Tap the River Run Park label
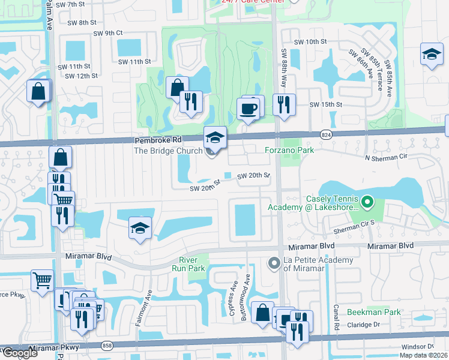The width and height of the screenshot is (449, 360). pyautogui.click(x=193, y=263)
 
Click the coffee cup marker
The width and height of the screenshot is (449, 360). pyautogui.click(x=249, y=109)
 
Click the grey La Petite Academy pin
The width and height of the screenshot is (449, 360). pyautogui.click(x=274, y=263)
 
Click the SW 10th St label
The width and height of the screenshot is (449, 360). pyautogui.click(x=310, y=42)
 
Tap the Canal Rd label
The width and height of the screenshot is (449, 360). pyautogui.click(x=337, y=321)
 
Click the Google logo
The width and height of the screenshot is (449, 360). pyautogui.click(x=20, y=353)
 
